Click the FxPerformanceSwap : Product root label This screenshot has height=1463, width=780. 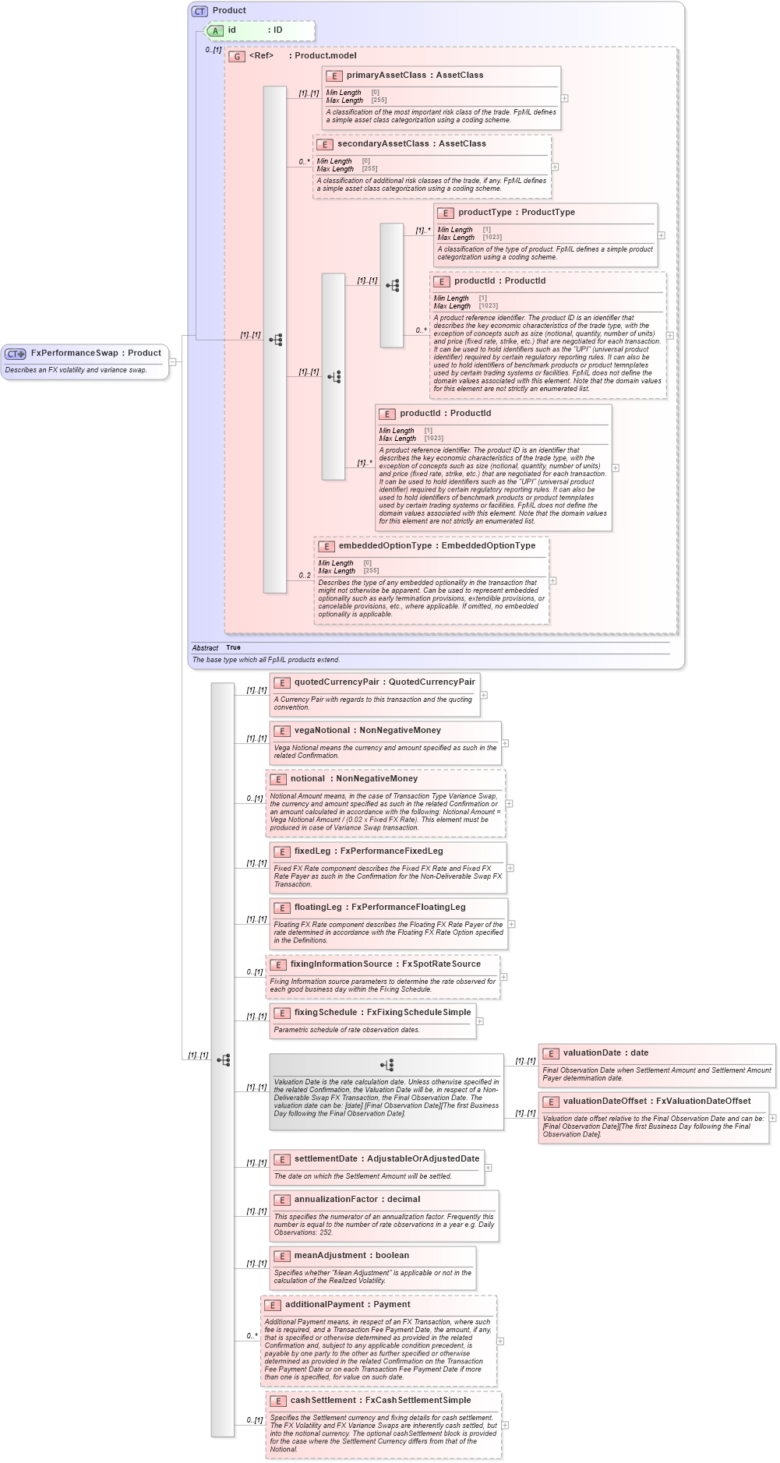pos(95,353)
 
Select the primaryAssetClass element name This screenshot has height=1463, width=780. pos(386,76)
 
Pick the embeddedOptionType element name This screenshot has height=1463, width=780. pos(385,546)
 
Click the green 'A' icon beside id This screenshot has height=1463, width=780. pos(215,30)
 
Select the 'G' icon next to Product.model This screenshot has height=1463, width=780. pos(236,56)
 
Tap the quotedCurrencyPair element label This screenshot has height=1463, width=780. pos(336,682)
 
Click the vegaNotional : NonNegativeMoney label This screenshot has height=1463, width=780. pos(367,731)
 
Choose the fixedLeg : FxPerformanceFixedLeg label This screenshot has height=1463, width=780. pos(368,851)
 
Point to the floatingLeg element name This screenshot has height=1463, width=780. pos(318,908)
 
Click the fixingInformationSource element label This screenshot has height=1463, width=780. pos(341,964)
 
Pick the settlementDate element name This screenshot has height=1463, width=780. pos(326,1159)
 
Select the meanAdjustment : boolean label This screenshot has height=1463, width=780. pos(351,1256)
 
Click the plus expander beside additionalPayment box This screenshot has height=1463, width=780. pos(500,1341)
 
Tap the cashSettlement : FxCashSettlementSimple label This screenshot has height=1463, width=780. pos(380,1401)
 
